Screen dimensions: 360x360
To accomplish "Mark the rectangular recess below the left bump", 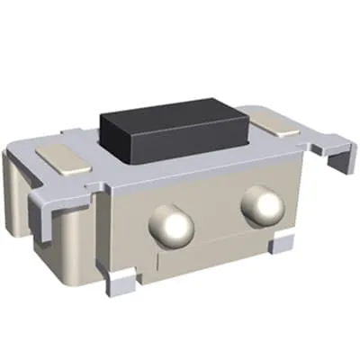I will click(x=198, y=261).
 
